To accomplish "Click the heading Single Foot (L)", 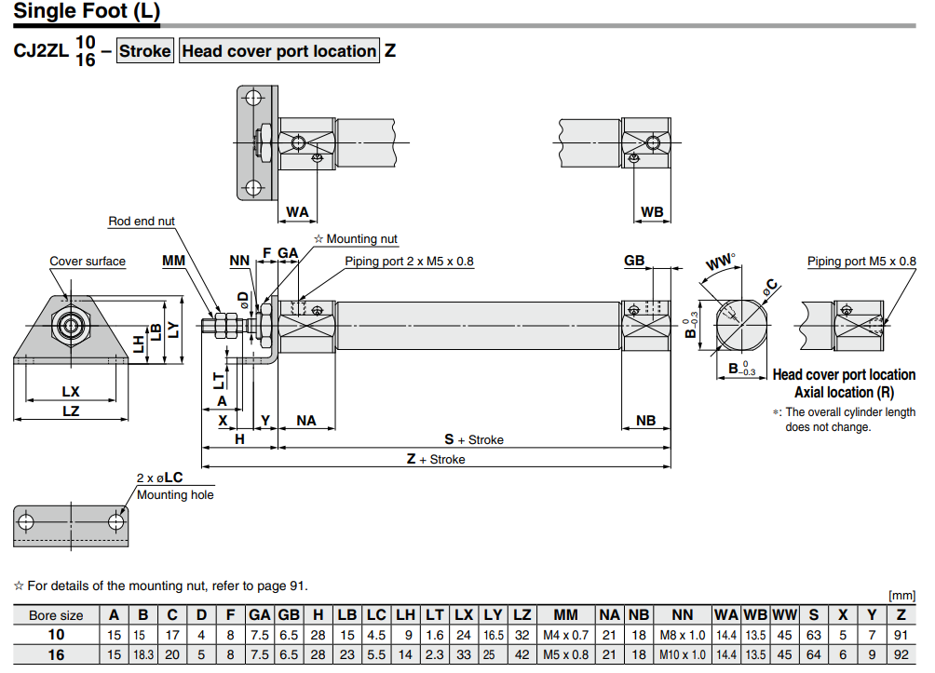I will point(88,13).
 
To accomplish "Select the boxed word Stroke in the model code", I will point(145,51).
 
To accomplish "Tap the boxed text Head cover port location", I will point(278,51).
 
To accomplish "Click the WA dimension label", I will point(297,212).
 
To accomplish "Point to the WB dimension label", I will point(653,212).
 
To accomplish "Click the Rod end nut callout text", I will point(142,221).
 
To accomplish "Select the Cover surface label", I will point(88,262).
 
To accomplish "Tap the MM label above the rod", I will point(173,261).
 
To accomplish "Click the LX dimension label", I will point(71,392).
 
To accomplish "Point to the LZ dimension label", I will point(71,411).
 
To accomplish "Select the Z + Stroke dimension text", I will point(436,459).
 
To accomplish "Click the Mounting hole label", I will point(175,494).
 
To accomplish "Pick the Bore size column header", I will point(56,615).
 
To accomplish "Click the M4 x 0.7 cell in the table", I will point(565,635).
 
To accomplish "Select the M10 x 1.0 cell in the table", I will point(682,654).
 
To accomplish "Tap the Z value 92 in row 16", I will point(901,654).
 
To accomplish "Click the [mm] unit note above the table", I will point(902,596).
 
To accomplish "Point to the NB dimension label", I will point(645,421).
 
